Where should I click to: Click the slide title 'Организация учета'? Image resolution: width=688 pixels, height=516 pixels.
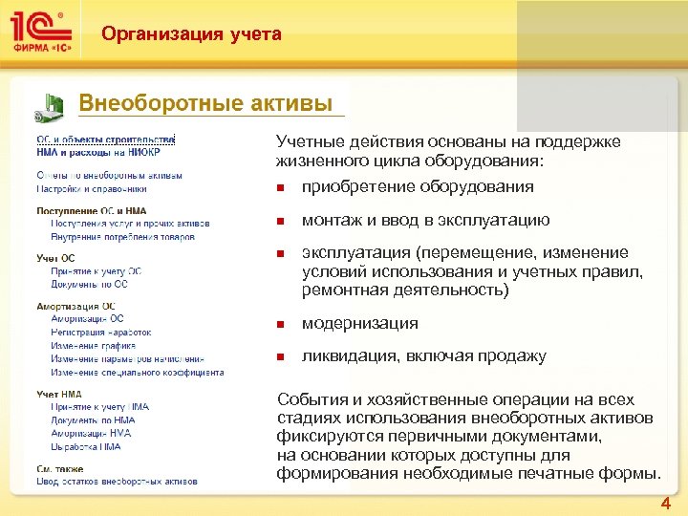192,34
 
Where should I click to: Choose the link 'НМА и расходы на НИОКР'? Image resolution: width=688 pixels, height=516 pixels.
98,152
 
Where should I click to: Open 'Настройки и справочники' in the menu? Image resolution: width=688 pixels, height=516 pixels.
92,189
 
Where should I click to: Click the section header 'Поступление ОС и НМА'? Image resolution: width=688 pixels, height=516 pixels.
92,211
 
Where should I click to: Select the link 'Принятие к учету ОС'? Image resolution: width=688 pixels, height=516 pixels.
98,271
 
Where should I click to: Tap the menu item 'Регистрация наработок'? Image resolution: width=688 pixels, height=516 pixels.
103,332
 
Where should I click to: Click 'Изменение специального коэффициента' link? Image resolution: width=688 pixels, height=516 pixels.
137,372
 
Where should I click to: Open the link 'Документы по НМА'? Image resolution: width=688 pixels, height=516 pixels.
93,419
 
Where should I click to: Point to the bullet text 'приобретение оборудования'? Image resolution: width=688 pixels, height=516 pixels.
418,186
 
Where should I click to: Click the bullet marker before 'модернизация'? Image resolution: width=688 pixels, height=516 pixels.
281,324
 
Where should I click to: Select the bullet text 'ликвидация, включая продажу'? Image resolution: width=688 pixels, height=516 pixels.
423,356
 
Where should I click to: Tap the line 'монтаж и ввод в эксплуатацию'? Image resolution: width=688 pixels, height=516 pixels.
425,220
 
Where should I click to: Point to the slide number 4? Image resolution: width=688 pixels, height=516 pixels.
665,504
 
